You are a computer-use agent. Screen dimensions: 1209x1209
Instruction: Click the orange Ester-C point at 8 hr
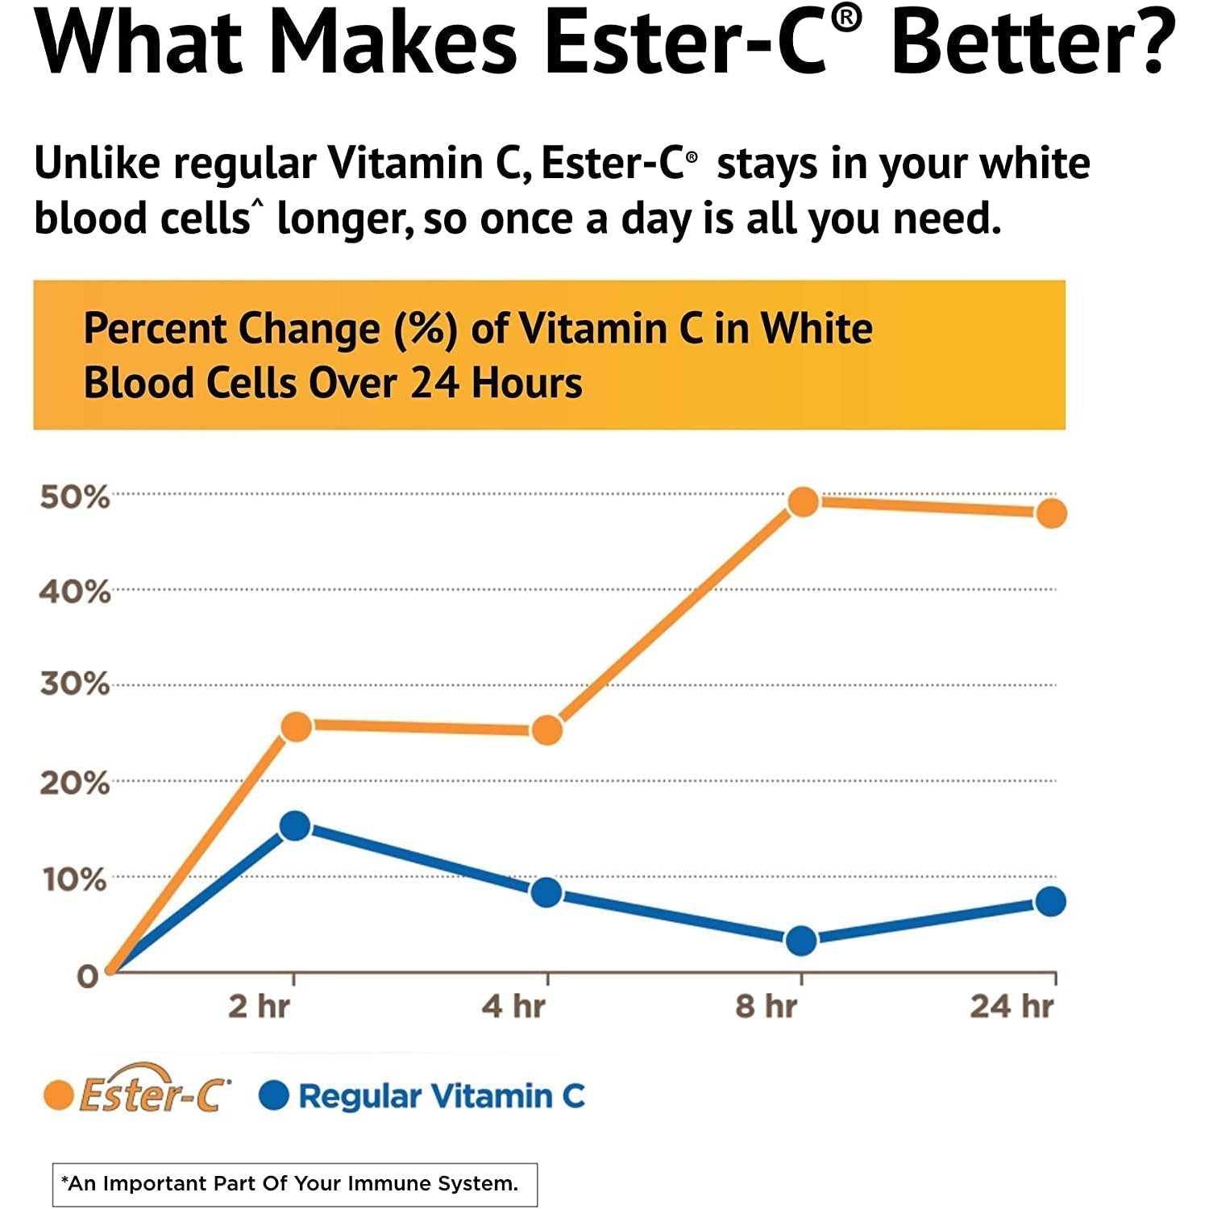pos(803,502)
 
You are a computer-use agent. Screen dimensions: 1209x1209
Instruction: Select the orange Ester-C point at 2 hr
pos(296,726)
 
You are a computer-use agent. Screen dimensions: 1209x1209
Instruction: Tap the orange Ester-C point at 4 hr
pos(547,730)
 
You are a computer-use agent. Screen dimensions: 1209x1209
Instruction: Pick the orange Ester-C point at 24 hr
pos(1051,513)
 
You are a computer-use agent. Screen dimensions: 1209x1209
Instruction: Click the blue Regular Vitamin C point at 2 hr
pos(295,825)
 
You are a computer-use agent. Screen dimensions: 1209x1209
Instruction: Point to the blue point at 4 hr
pos(547,892)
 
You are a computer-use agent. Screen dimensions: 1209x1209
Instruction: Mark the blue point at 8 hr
pos(801,940)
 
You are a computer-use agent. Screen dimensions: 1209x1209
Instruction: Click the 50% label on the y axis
pos(74,497)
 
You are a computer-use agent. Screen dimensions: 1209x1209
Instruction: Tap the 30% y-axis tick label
pos(74,684)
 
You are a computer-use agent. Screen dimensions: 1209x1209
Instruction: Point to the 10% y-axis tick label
pos(74,879)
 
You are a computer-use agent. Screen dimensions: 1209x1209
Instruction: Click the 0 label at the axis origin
pos(87,977)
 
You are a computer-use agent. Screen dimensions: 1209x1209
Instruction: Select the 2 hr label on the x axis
pos(259,1007)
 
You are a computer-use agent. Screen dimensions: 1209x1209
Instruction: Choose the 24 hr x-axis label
pos(1012,1007)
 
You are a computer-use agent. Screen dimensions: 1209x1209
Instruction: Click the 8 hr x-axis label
pos(766,1007)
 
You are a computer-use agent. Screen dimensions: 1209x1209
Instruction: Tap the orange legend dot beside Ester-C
pos(59,1096)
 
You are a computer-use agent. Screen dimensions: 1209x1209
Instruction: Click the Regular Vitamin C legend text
pos(441,1096)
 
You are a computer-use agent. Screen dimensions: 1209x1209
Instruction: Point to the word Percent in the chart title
pos(155,329)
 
